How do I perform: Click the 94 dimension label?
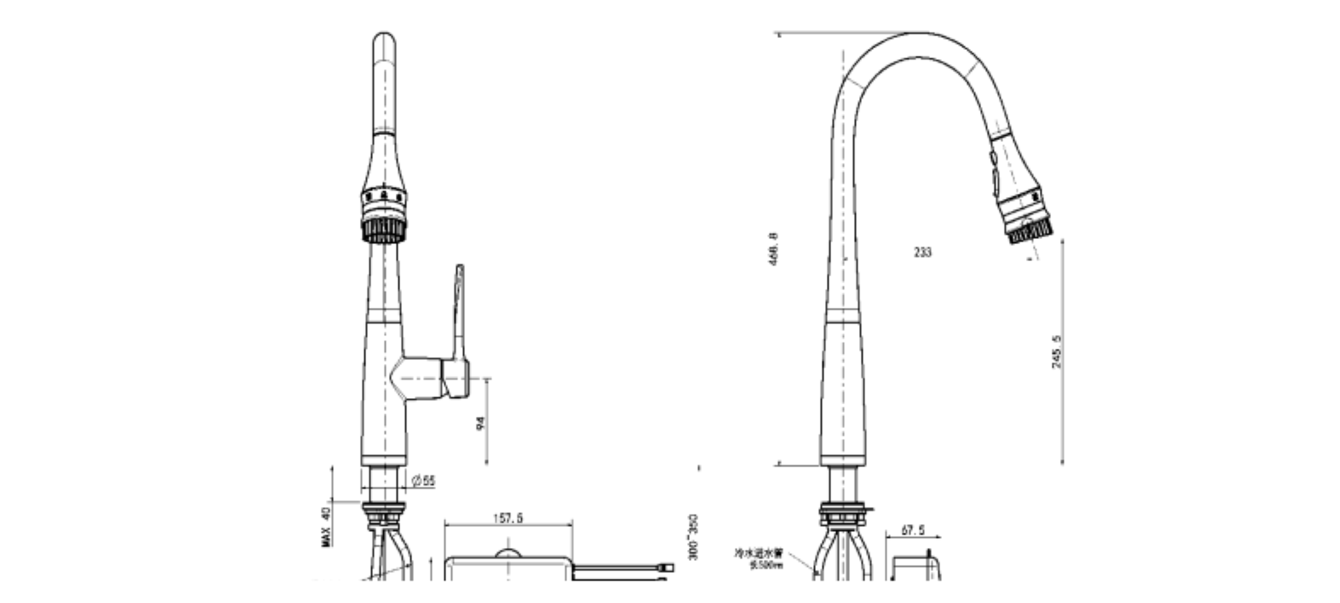[481, 422]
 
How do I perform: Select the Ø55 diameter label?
[424, 481]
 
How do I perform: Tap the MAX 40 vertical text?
[326, 527]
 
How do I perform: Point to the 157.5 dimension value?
[508, 518]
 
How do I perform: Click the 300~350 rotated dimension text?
[693, 537]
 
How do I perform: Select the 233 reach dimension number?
[923, 252]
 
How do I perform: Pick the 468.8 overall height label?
[773, 249]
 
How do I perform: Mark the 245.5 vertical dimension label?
[1056, 352]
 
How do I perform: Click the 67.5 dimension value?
[913, 530]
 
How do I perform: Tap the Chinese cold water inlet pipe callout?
[759, 557]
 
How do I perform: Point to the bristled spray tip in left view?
[384, 231]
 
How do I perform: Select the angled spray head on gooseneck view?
[1022, 199]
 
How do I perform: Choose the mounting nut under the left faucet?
[384, 513]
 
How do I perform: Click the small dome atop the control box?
[508, 553]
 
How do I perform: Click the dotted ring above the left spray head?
[384, 196]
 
